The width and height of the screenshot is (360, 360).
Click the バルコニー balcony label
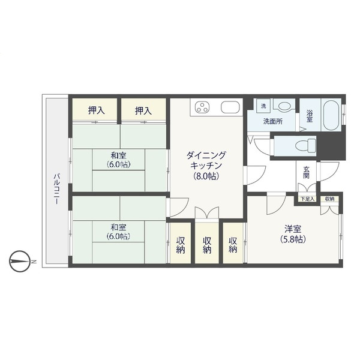[57, 189]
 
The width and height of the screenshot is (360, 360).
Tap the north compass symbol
[20, 261]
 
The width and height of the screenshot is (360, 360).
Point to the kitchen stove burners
[202, 107]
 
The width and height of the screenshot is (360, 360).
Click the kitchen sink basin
[230, 107]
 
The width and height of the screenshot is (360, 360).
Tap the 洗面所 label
[273, 121]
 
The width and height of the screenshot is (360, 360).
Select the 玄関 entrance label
[306, 172]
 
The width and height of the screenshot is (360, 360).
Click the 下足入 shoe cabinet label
[307, 199]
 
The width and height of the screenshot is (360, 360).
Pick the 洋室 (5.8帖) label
[293, 234]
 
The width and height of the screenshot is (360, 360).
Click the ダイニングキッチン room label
[206, 166]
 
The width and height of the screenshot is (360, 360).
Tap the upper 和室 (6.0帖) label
[118, 160]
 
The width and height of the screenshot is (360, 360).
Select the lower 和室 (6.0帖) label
[118, 232]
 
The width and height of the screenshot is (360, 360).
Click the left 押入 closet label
[97, 111]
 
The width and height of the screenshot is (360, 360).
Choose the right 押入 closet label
[143, 111]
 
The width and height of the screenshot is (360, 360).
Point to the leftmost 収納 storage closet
[181, 243]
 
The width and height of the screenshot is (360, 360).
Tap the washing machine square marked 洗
[263, 106]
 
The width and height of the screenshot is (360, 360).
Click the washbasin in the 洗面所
[284, 106]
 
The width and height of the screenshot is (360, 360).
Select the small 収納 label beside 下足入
[329, 199]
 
